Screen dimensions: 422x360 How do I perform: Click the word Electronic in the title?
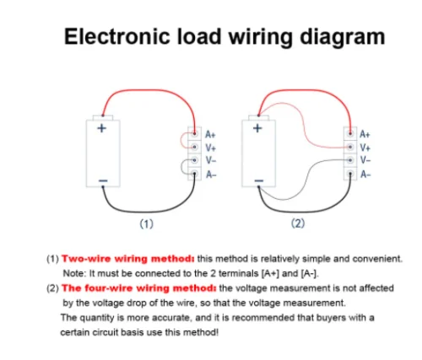point(116,36)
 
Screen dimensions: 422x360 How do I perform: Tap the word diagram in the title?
point(343,38)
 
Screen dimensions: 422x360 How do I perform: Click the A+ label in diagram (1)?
point(210,134)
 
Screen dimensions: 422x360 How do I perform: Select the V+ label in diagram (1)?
point(210,148)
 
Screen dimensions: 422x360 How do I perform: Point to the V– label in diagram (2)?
point(365,160)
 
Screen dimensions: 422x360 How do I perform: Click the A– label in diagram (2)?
point(365,175)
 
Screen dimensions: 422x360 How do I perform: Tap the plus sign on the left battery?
point(101,128)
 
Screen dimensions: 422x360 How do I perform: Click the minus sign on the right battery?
point(259,180)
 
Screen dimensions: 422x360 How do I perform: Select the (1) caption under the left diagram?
point(147,224)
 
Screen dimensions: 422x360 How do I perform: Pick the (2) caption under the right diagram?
point(298,223)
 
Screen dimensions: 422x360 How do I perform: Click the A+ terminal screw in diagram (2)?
point(350,133)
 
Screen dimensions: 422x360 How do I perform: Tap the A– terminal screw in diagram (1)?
point(194,174)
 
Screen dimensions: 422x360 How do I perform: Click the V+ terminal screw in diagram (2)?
point(350,147)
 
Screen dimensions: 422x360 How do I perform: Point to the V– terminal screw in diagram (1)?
point(194,160)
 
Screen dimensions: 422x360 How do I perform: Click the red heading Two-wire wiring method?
point(128,259)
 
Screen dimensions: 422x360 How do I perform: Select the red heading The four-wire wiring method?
point(139,288)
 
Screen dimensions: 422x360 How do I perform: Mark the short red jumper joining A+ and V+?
point(181,140)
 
